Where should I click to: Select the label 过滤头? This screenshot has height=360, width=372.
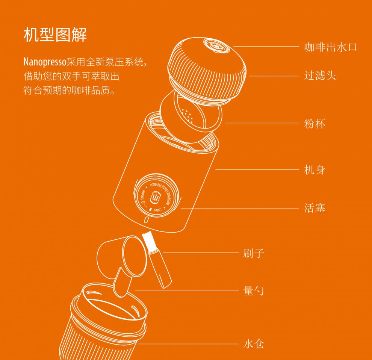coord(320,76)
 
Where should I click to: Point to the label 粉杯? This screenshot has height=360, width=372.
coord(315,123)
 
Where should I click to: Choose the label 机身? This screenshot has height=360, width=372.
coord(315,170)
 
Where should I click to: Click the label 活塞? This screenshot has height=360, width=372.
coord(315,208)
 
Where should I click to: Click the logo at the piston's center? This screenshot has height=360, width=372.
coord(155,197)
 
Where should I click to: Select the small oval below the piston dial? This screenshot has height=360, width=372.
coord(147,220)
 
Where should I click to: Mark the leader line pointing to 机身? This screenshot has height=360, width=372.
coord(256,170)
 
